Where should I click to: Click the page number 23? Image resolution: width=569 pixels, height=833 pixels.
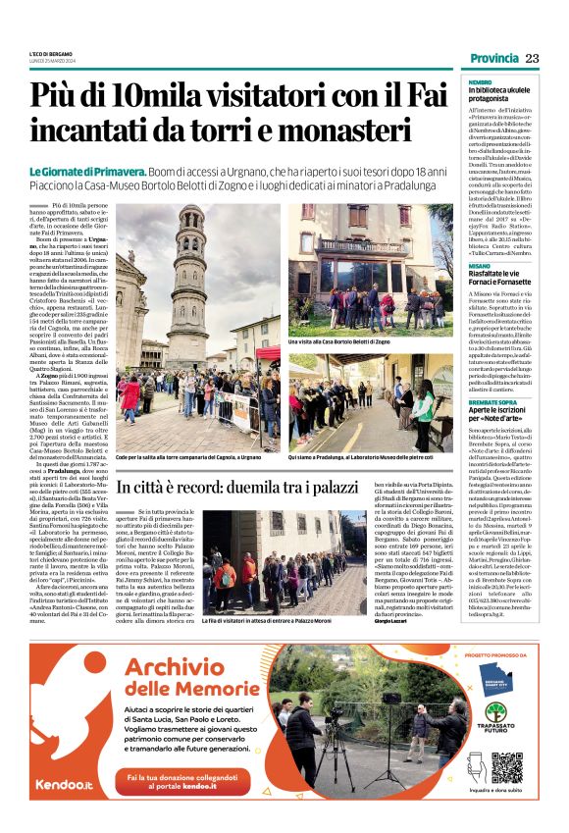[532, 59]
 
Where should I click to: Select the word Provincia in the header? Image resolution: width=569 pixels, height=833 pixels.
[493, 59]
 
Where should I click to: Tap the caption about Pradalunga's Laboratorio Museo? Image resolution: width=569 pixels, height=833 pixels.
[360, 457]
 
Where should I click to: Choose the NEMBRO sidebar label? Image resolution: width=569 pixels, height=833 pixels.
[479, 82]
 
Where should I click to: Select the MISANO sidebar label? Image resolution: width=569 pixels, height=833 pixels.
[479, 265]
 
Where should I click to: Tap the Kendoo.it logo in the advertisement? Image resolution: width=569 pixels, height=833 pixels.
[63, 783]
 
